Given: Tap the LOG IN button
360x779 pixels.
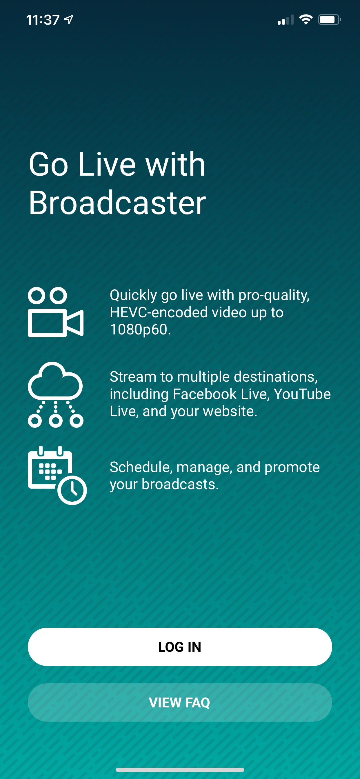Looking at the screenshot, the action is coord(180,647).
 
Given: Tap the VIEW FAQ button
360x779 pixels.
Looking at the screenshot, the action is coord(180,702).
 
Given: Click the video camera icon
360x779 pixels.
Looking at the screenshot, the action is coord(56,312).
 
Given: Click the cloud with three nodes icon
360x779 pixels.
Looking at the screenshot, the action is coord(55,394).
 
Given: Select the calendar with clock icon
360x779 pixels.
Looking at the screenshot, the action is coord(57,475).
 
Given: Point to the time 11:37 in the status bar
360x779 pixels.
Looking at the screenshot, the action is coord(43,20).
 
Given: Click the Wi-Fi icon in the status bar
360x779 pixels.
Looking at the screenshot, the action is coord(306,20).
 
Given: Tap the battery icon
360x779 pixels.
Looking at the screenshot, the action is coord(330,20).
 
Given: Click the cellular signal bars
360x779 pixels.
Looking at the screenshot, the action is coord(286,20).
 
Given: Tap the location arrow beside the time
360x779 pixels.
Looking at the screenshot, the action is coord(69,20).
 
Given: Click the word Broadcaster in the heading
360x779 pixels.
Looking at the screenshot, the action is coord(117,202).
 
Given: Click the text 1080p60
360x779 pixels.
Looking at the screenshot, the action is coord(140,329).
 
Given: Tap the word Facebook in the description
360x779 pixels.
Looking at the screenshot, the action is coord(205,394).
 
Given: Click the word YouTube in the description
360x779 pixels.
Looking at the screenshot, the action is coord(302,394).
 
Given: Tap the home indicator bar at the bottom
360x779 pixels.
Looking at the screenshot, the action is coord(180,770).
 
